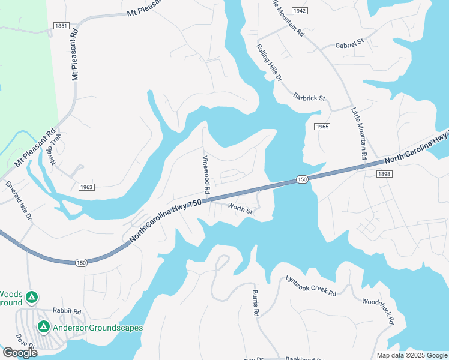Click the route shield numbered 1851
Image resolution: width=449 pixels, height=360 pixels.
(x=61, y=26)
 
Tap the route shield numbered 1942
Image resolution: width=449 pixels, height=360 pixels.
(x=300, y=11)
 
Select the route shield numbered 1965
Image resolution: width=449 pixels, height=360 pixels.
(x=322, y=127)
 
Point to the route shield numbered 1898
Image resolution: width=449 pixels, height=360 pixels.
(x=385, y=173)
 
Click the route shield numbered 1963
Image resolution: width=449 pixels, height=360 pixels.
(x=86, y=187)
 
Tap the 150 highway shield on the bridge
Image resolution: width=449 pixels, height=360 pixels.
(x=301, y=179)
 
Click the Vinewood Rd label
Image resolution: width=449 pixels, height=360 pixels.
(x=206, y=174)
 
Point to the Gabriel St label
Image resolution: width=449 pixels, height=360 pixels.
(x=350, y=44)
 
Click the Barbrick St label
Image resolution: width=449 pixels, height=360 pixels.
(x=309, y=97)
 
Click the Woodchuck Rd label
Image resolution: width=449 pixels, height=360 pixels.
(x=378, y=311)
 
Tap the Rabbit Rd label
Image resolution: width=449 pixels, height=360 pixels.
(x=66, y=311)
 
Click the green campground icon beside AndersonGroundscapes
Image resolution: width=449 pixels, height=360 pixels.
(x=43, y=327)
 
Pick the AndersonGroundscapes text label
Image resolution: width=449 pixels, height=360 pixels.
(x=98, y=328)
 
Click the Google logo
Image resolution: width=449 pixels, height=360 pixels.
(x=20, y=353)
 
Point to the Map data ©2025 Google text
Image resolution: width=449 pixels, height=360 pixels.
(x=411, y=355)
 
